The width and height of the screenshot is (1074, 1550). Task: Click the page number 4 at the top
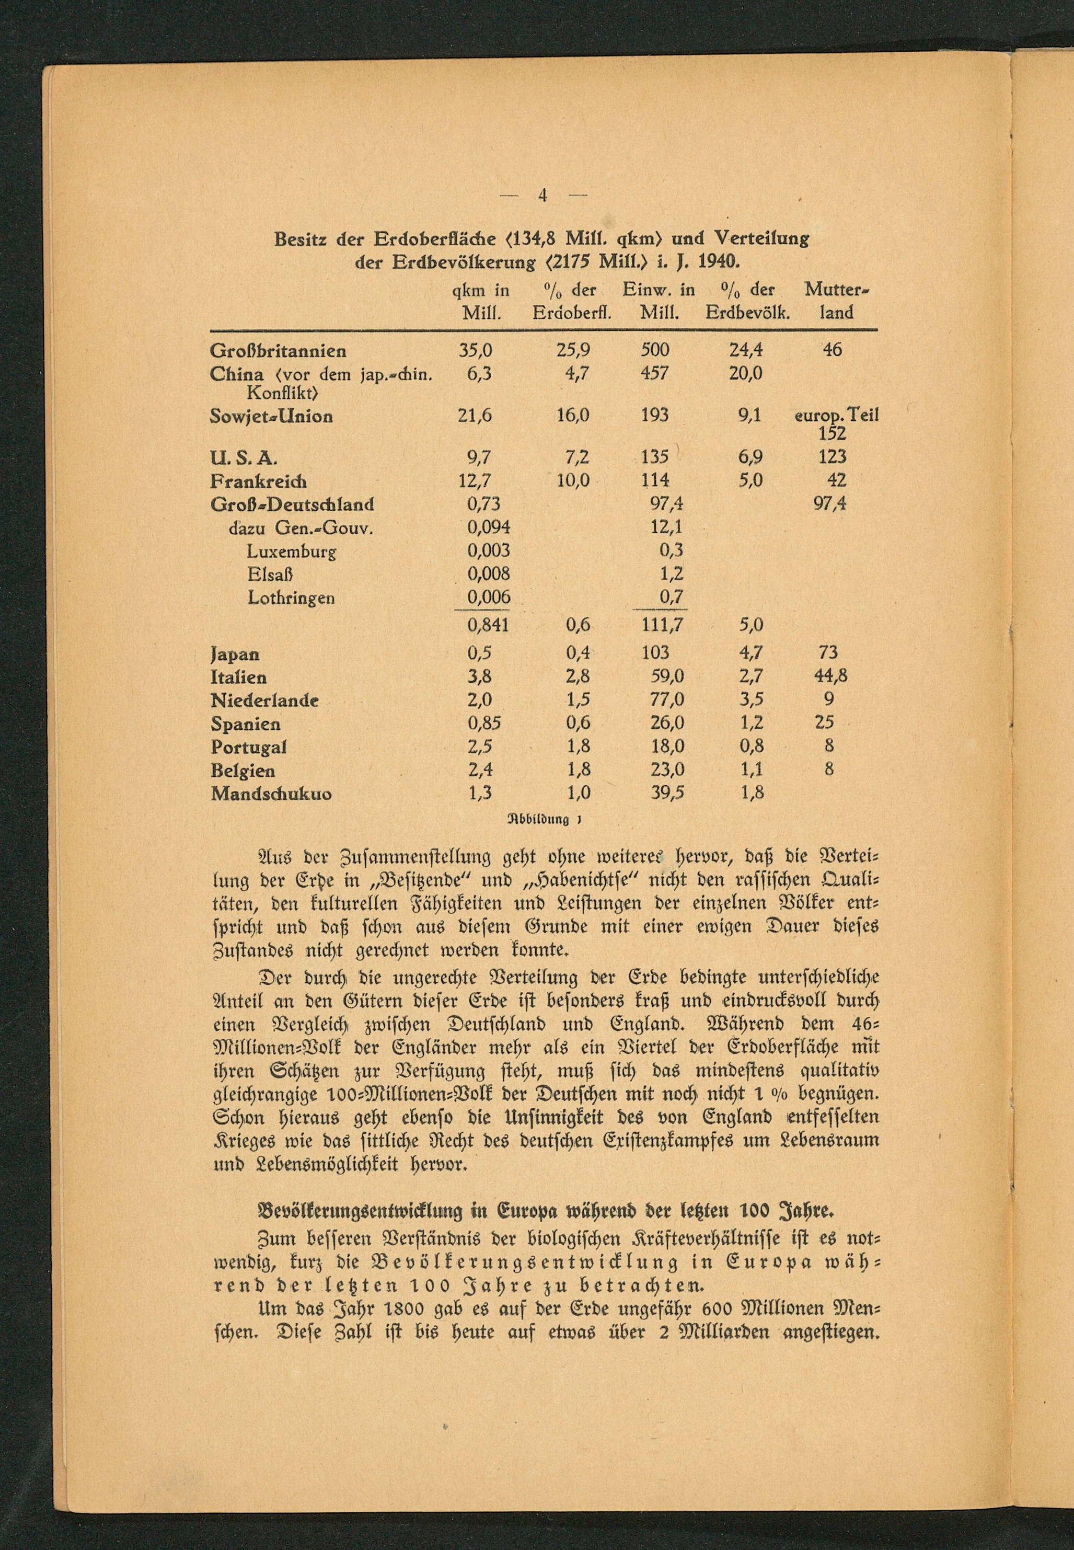[543, 196]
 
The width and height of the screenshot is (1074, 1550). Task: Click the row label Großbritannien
[279, 351]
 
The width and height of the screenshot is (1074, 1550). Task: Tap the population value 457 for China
[654, 372]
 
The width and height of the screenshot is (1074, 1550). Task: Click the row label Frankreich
[258, 481]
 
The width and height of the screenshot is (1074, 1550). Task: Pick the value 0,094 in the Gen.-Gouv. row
[489, 527]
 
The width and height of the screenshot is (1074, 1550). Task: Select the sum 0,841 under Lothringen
[489, 625]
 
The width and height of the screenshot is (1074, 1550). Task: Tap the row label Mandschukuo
[271, 794]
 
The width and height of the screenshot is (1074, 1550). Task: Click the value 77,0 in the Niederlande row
[667, 699]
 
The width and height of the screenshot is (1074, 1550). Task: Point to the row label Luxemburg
[292, 551]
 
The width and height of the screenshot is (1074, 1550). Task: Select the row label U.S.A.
[244, 457]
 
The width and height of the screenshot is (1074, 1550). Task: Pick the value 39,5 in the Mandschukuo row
[667, 793]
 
